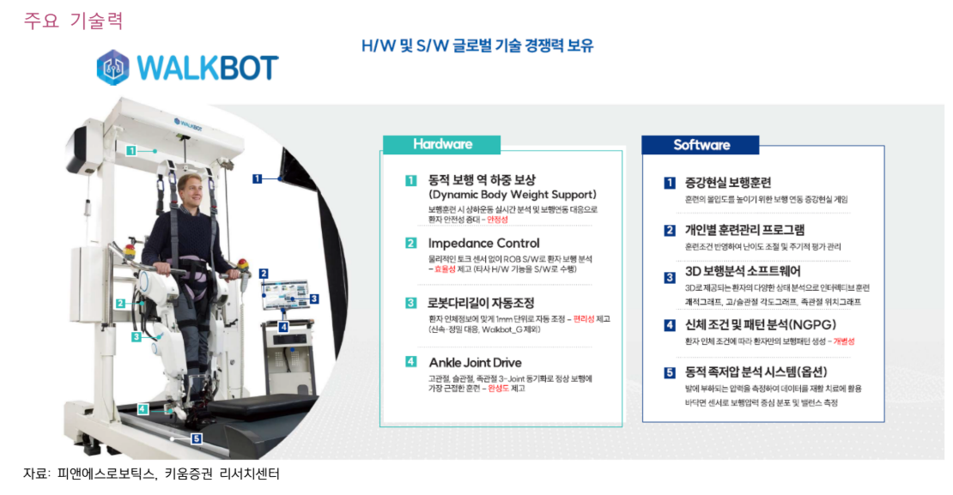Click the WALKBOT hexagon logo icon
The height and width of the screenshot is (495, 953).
pyautogui.click(x=112, y=67)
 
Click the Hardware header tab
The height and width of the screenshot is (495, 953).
pyautogui.click(x=442, y=144)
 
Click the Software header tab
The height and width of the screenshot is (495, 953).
pyautogui.click(x=701, y=145)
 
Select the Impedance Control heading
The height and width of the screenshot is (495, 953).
pyautogui.click(x=483, y=243)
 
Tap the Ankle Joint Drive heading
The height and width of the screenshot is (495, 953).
pyautogui.click(x=474, y=362)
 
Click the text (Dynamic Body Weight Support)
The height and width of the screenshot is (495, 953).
pyautogui.click(x=512, y=195)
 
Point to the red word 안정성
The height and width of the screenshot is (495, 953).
pyautogui.click(x=497, y=220)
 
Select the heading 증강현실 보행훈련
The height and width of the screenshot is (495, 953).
pyautogui.click(x=727, y=183)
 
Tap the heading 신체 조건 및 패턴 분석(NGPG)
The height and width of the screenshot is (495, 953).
pyautogui.click(x=759, y=325)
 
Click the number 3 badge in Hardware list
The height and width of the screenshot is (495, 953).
pyautogui.click(x=411, y=303)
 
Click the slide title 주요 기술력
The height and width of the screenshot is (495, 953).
pyautogui.click(x=73, y=21)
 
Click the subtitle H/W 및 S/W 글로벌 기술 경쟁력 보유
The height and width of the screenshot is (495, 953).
pyautogui.click(x=476, y=45)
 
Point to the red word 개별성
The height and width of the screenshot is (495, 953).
pyautogui.click(x=842, y=341)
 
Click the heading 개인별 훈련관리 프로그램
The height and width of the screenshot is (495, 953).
pyautogui.click(x=744, y=230)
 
